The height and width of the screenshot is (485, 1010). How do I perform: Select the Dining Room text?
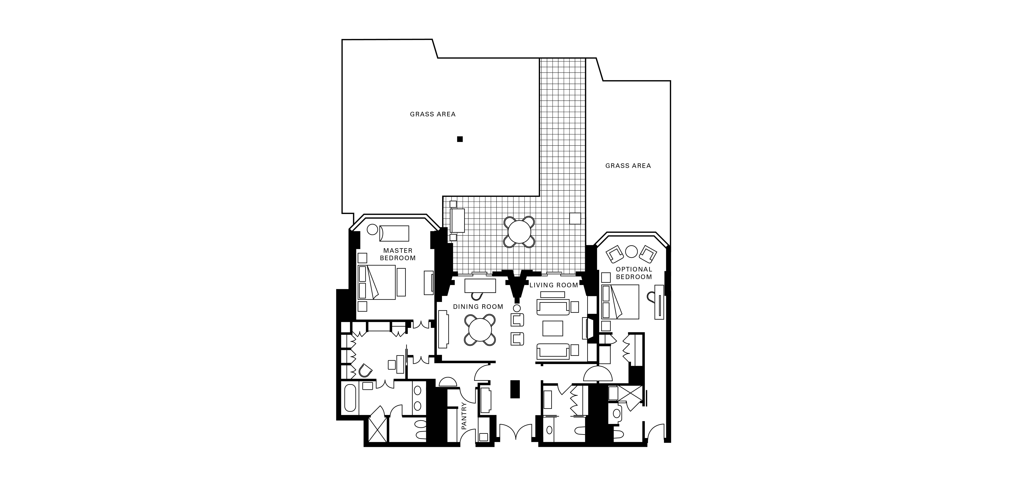coord(478,306)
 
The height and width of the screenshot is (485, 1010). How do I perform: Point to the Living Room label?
coord(554,285)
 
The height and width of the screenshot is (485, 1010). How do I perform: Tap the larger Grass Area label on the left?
coord(433,114)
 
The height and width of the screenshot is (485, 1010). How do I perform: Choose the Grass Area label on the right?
coord(628,166)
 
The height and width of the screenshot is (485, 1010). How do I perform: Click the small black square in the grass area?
coord(460,139)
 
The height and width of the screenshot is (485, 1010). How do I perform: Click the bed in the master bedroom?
coord(376,282)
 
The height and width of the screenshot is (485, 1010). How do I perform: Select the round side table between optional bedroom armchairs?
coord(631,252)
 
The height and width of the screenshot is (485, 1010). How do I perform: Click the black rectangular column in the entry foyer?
coord(515,389)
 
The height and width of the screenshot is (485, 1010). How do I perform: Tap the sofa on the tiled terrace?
coord(458,221)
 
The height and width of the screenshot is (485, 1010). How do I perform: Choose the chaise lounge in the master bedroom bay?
coord(394,233)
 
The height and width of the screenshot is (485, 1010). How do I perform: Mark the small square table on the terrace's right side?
coord(575,219)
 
